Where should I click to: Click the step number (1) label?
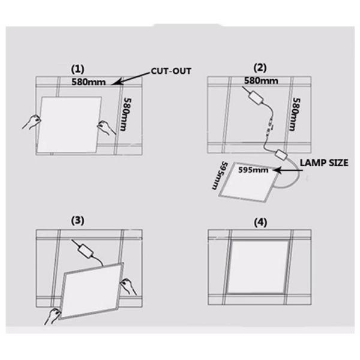tap(77, 69)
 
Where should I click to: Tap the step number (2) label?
tap(260, 67)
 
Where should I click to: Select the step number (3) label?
tap(77, 220)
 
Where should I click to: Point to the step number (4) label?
tap(260, 223)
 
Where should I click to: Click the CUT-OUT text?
tap(171, 71)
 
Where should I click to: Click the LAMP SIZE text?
tap(324, 163)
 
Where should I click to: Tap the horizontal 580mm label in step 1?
tap(89, 82)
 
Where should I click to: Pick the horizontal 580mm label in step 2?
tap(261, 80)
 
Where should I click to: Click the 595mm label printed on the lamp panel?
tap(253, 170)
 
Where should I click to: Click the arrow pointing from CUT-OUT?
tap(130, 79)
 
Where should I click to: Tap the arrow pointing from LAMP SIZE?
tap(287, 170)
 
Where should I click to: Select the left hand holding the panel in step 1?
tap(31, 122)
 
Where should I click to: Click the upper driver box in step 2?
tap(256, 98)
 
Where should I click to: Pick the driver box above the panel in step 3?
tap(85, 251)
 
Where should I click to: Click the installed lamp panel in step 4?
tap(258, 267)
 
